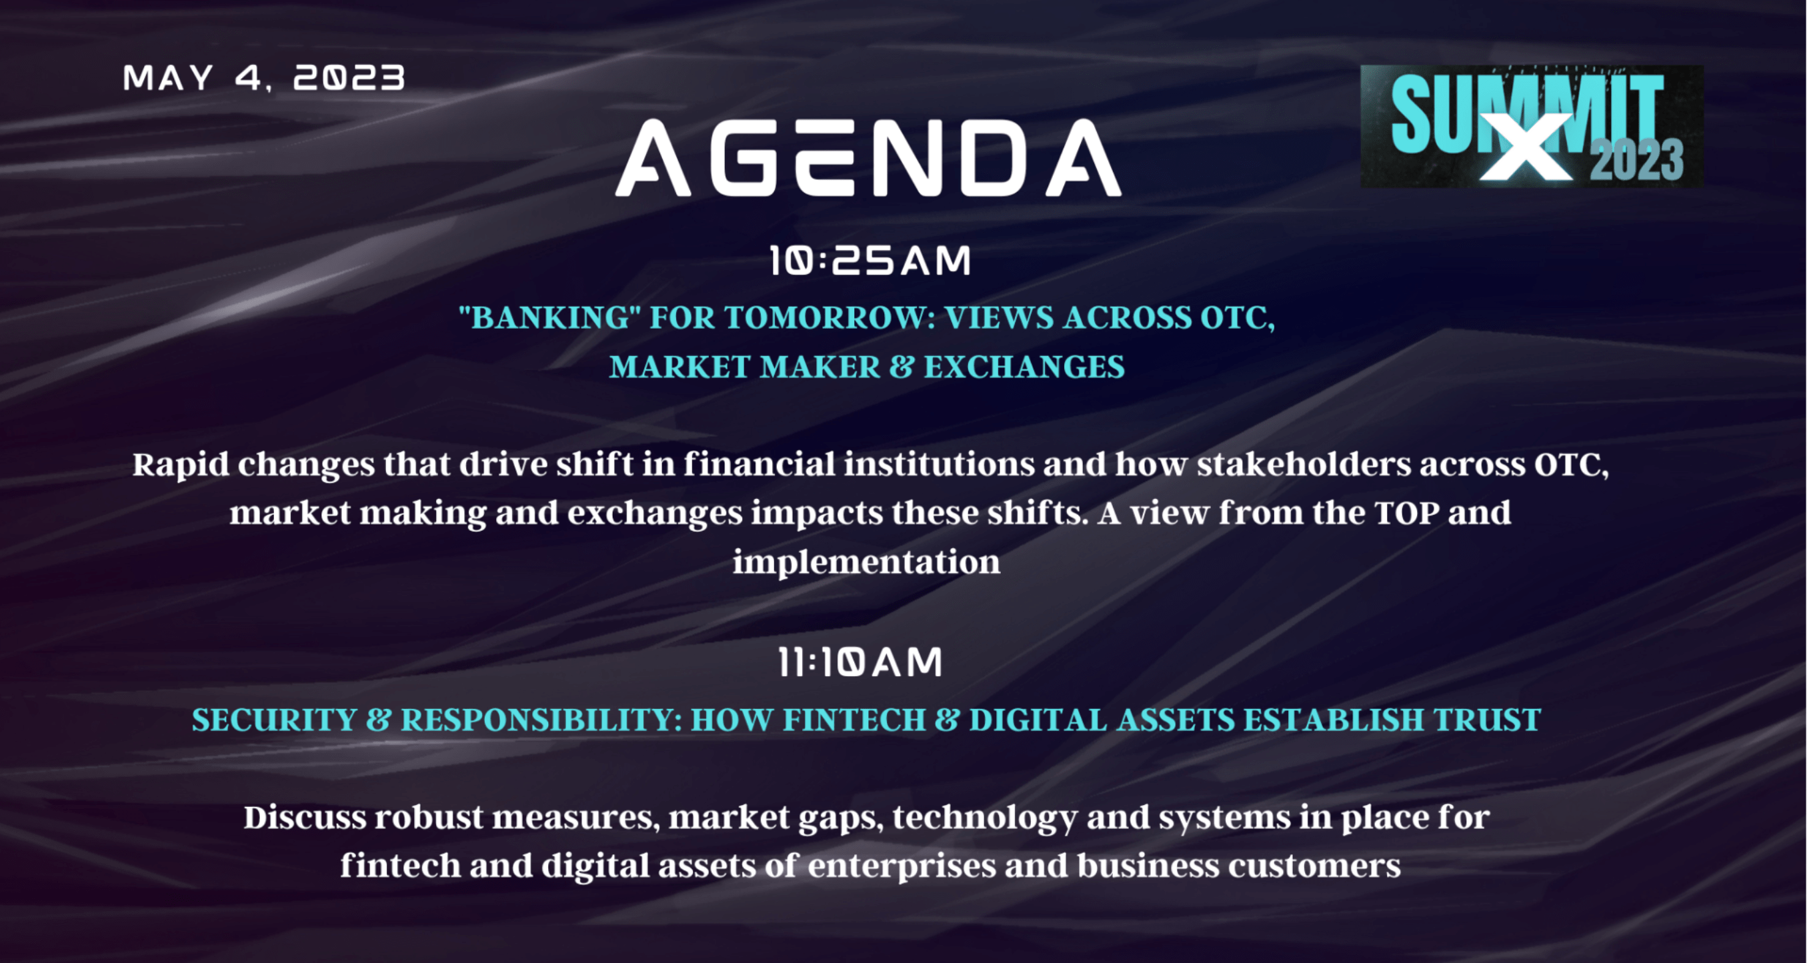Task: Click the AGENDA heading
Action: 868,157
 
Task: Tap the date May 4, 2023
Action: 264,78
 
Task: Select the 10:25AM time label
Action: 870,260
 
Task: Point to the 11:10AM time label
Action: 860,662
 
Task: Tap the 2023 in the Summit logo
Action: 1636,161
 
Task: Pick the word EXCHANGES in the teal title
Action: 1024,367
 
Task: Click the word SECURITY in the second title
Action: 274,720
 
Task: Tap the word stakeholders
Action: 1304,464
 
